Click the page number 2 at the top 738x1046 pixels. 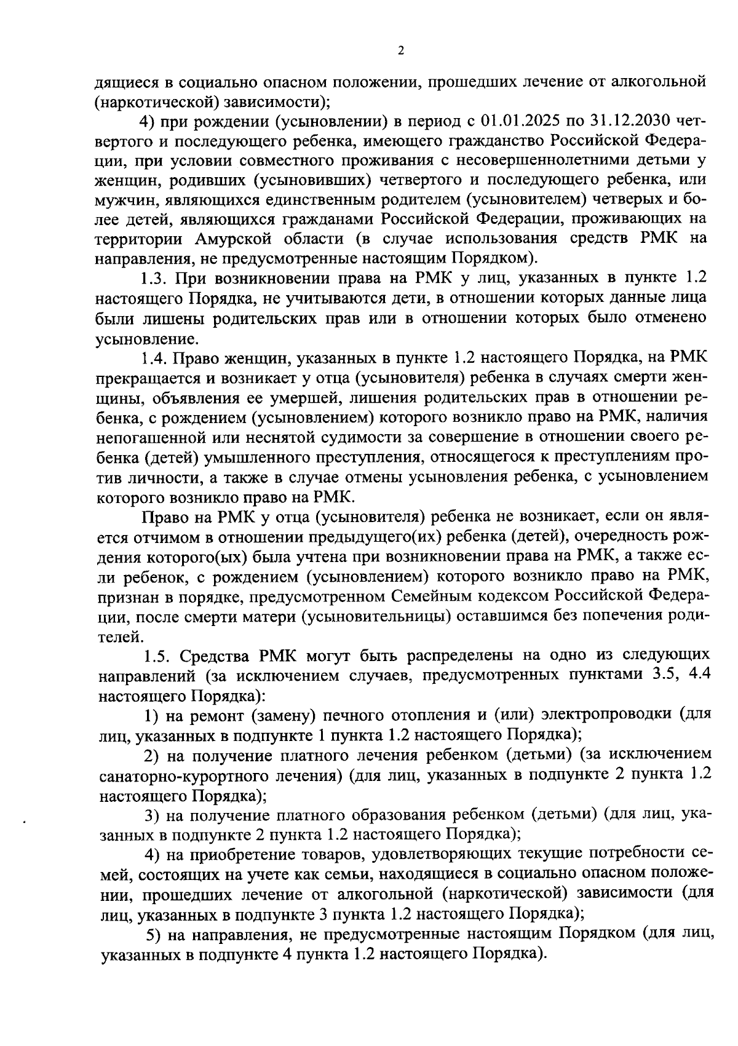pos(400,52)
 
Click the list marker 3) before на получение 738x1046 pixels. pos(152,815)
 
